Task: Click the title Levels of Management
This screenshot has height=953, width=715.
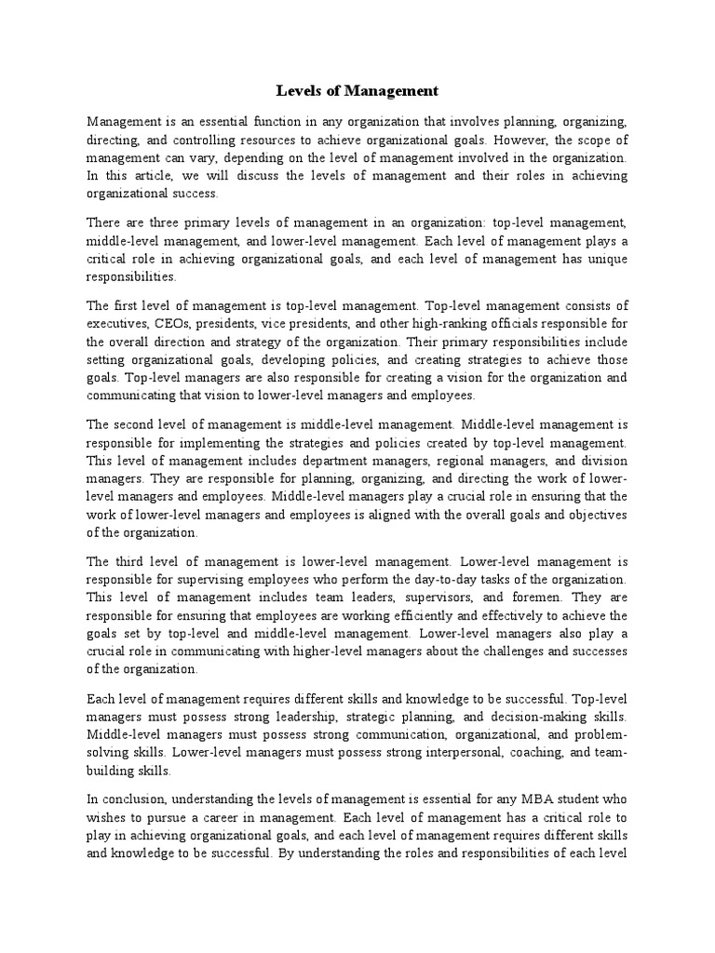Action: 357,91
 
